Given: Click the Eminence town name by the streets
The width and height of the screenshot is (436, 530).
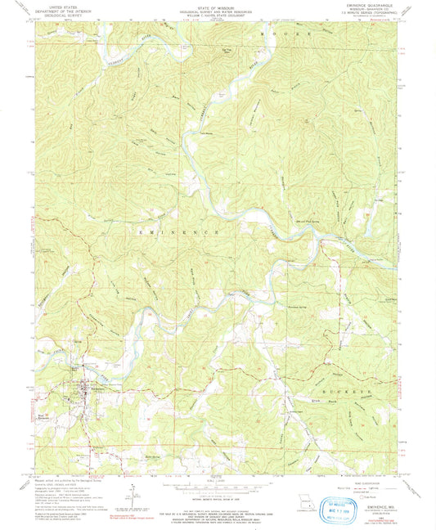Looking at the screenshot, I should click(79, 379).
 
